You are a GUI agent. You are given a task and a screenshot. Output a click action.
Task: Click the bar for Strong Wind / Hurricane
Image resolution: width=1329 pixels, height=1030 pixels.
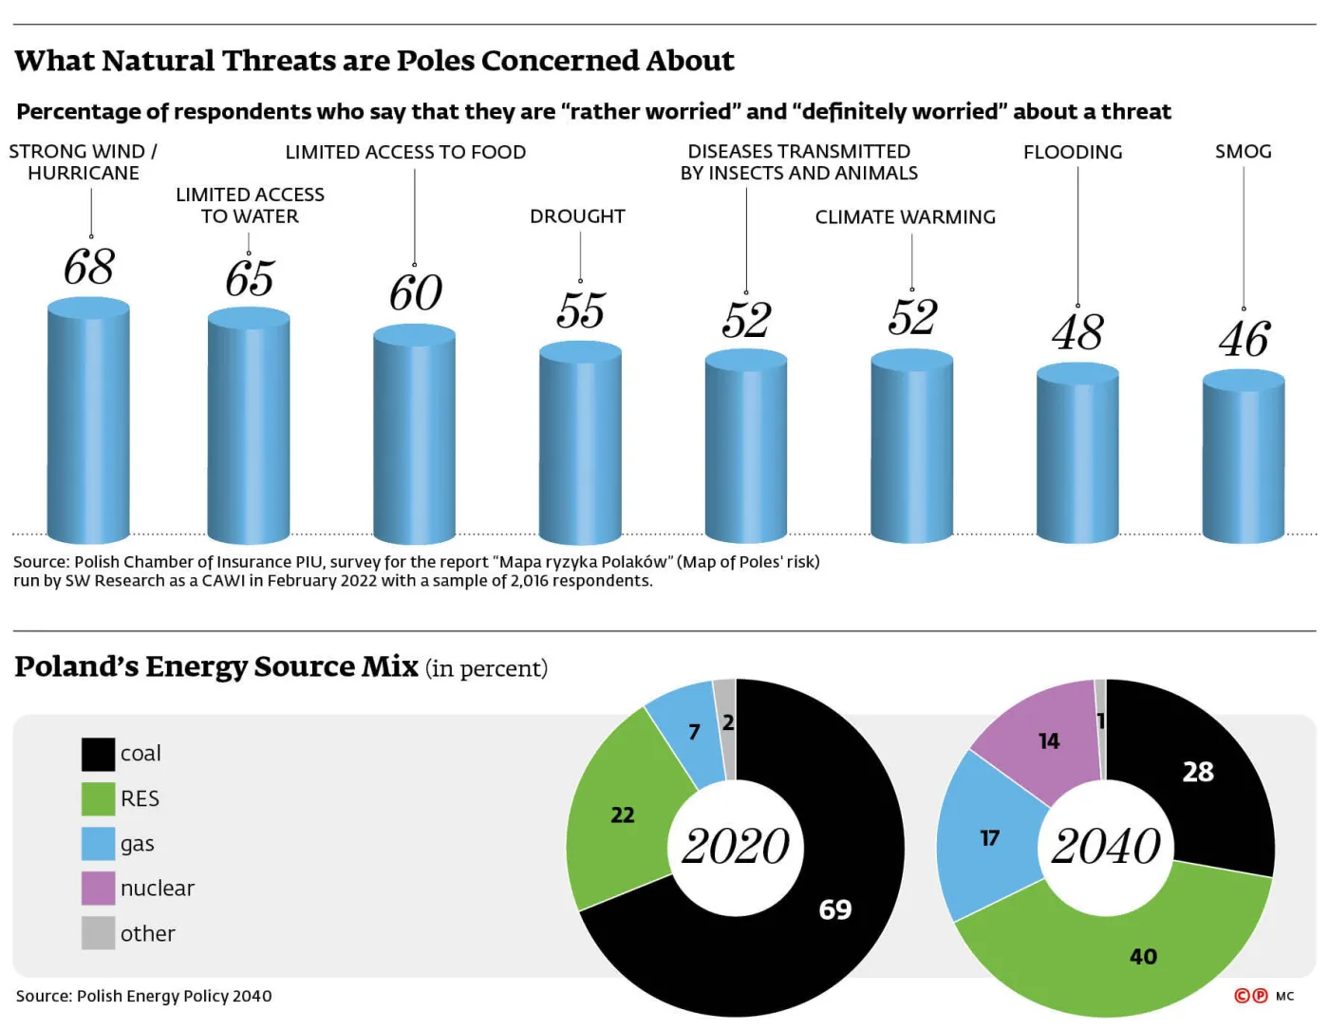(88, 422)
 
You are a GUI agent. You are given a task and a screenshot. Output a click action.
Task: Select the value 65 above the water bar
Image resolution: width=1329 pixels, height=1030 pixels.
(250, 279)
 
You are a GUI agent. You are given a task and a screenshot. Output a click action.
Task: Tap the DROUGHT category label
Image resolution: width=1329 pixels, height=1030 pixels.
(577, 216)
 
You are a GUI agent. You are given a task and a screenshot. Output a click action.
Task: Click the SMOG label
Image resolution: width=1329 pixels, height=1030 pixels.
(1243, 152)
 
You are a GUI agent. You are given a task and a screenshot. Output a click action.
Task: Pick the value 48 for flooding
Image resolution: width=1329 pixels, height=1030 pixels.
(1077, 333)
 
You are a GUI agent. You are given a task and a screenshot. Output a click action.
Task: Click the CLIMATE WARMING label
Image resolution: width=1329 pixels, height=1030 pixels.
(905, 217)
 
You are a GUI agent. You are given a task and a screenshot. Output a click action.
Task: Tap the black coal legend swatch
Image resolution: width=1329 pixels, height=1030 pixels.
(98, 754)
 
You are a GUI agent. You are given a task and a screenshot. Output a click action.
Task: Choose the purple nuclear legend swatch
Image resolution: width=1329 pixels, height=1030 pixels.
(98, 889)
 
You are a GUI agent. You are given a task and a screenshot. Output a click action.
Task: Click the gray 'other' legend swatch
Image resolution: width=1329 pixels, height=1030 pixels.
(98, 933)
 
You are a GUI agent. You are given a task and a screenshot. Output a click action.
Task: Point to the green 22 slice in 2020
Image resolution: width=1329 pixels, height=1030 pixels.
(622, 816)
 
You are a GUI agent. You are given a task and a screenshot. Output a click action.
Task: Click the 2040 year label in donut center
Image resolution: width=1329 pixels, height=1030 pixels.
(1106, 847)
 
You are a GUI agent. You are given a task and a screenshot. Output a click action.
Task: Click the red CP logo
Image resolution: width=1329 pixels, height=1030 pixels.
(1250, 996)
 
